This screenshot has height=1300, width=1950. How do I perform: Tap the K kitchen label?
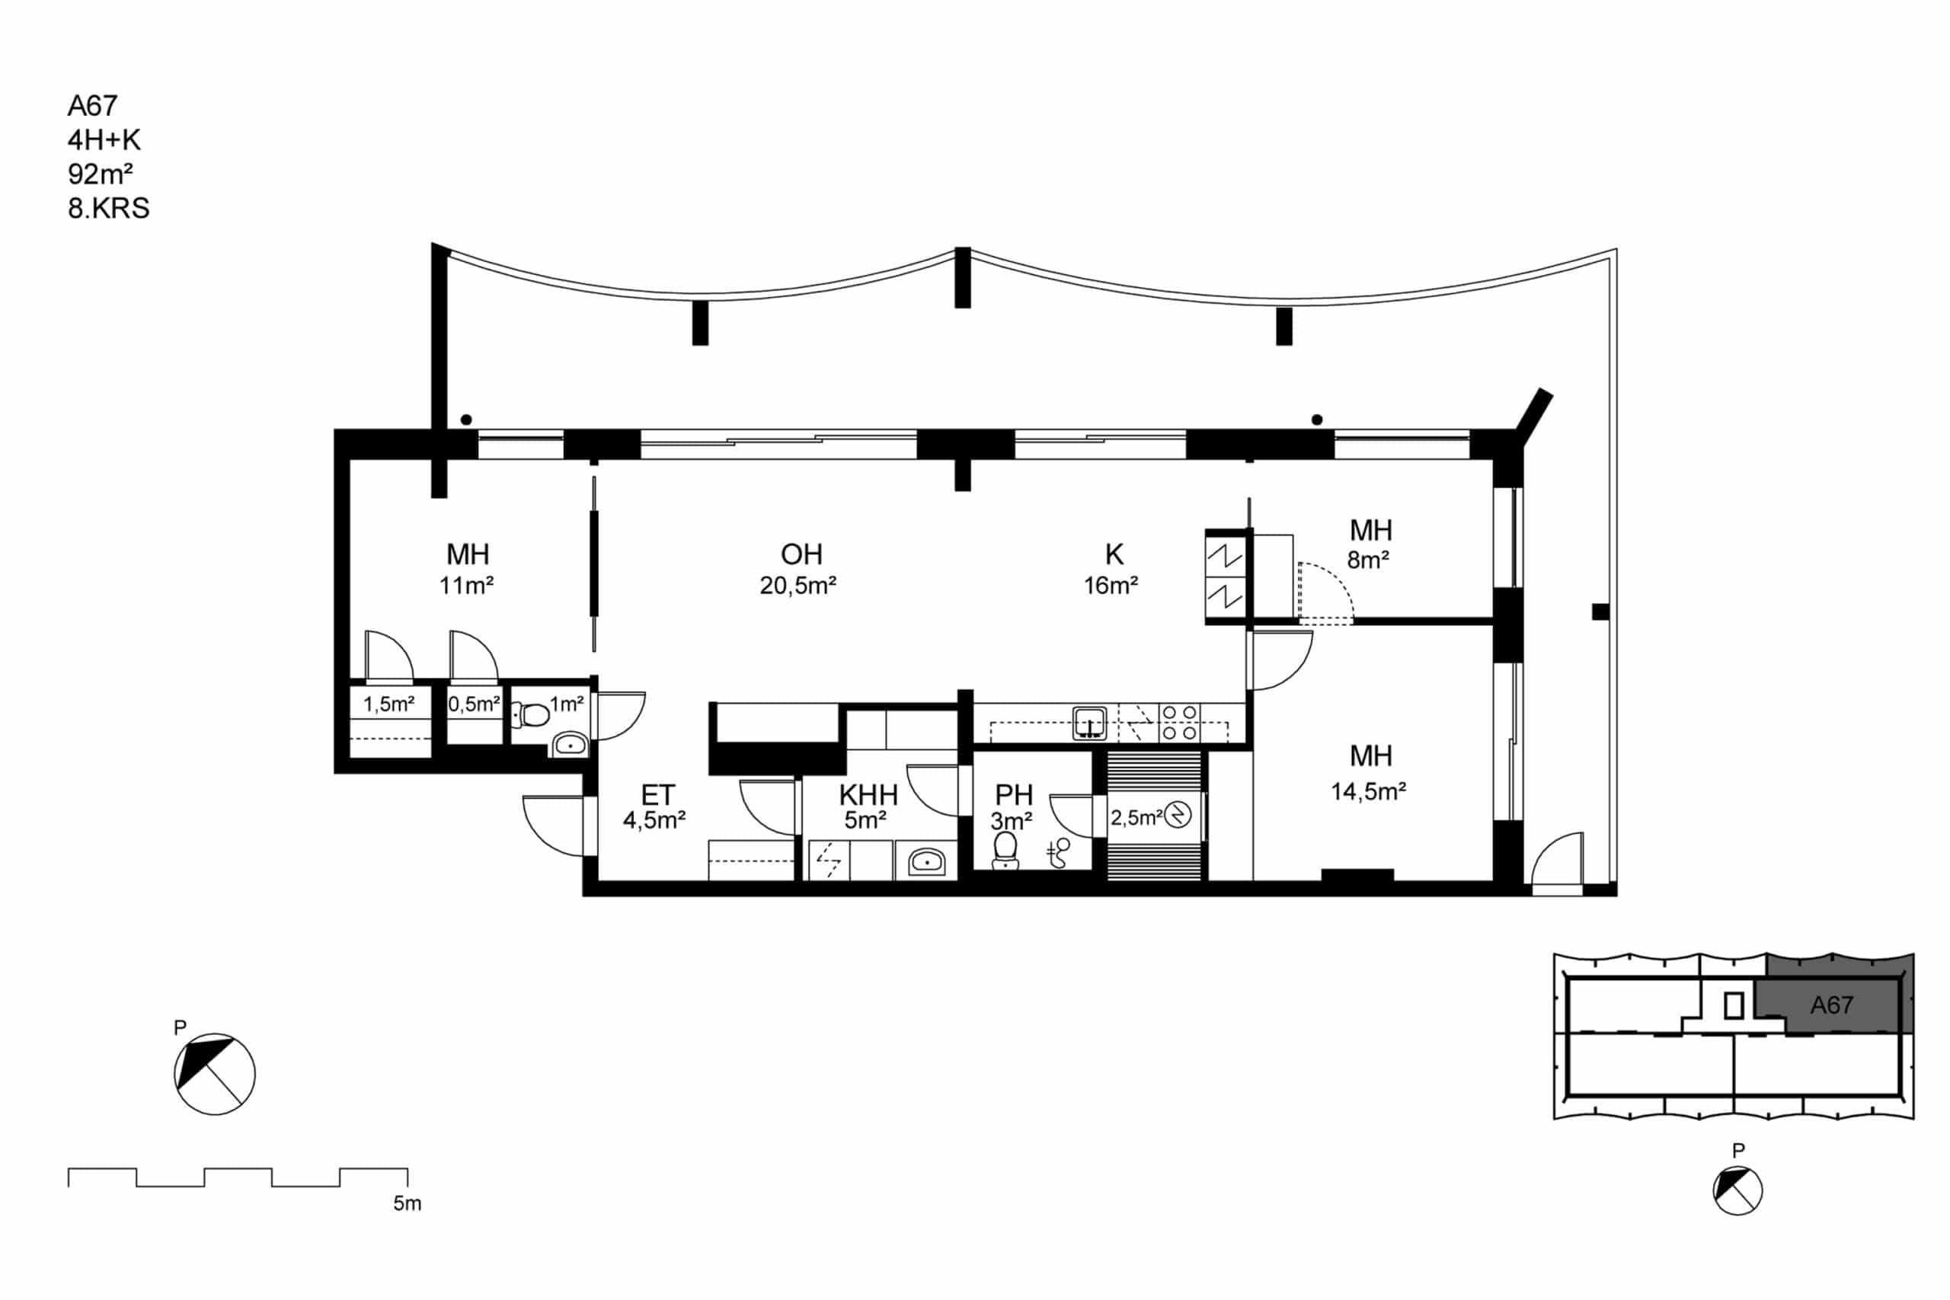[x=1114, y=554]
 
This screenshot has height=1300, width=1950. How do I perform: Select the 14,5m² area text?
[x=1368, y=792]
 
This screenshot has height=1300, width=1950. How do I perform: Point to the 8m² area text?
[x=1368, y=560]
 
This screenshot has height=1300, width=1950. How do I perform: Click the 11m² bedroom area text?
[x=467, y=586]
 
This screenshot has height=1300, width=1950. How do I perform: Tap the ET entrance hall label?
[x=657, y=795]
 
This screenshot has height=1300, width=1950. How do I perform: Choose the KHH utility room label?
[x=868, y=795]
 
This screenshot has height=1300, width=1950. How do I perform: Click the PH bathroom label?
[x=1013, y=795]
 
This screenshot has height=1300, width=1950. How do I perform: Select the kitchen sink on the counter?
[x=1089, y=723]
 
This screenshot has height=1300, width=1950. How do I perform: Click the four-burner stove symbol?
[x=1179, y=722]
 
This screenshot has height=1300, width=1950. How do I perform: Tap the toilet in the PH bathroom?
[x=1005, y=851]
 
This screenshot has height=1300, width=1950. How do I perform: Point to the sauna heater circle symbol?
[x=1178, y=816]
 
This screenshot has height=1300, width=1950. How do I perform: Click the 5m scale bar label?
[x=407, y=1204]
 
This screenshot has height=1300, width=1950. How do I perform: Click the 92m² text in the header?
[x=101, y=174]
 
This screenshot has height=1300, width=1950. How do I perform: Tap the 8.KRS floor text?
[x=109, y=208]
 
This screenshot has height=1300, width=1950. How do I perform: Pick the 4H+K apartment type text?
[x=104, y=140]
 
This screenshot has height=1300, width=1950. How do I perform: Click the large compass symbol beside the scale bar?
[x=215, y=1075]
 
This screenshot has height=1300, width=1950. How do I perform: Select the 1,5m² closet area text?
[x=388, y=704]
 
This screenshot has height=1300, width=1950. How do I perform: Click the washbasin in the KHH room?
[x=926, y=862]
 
